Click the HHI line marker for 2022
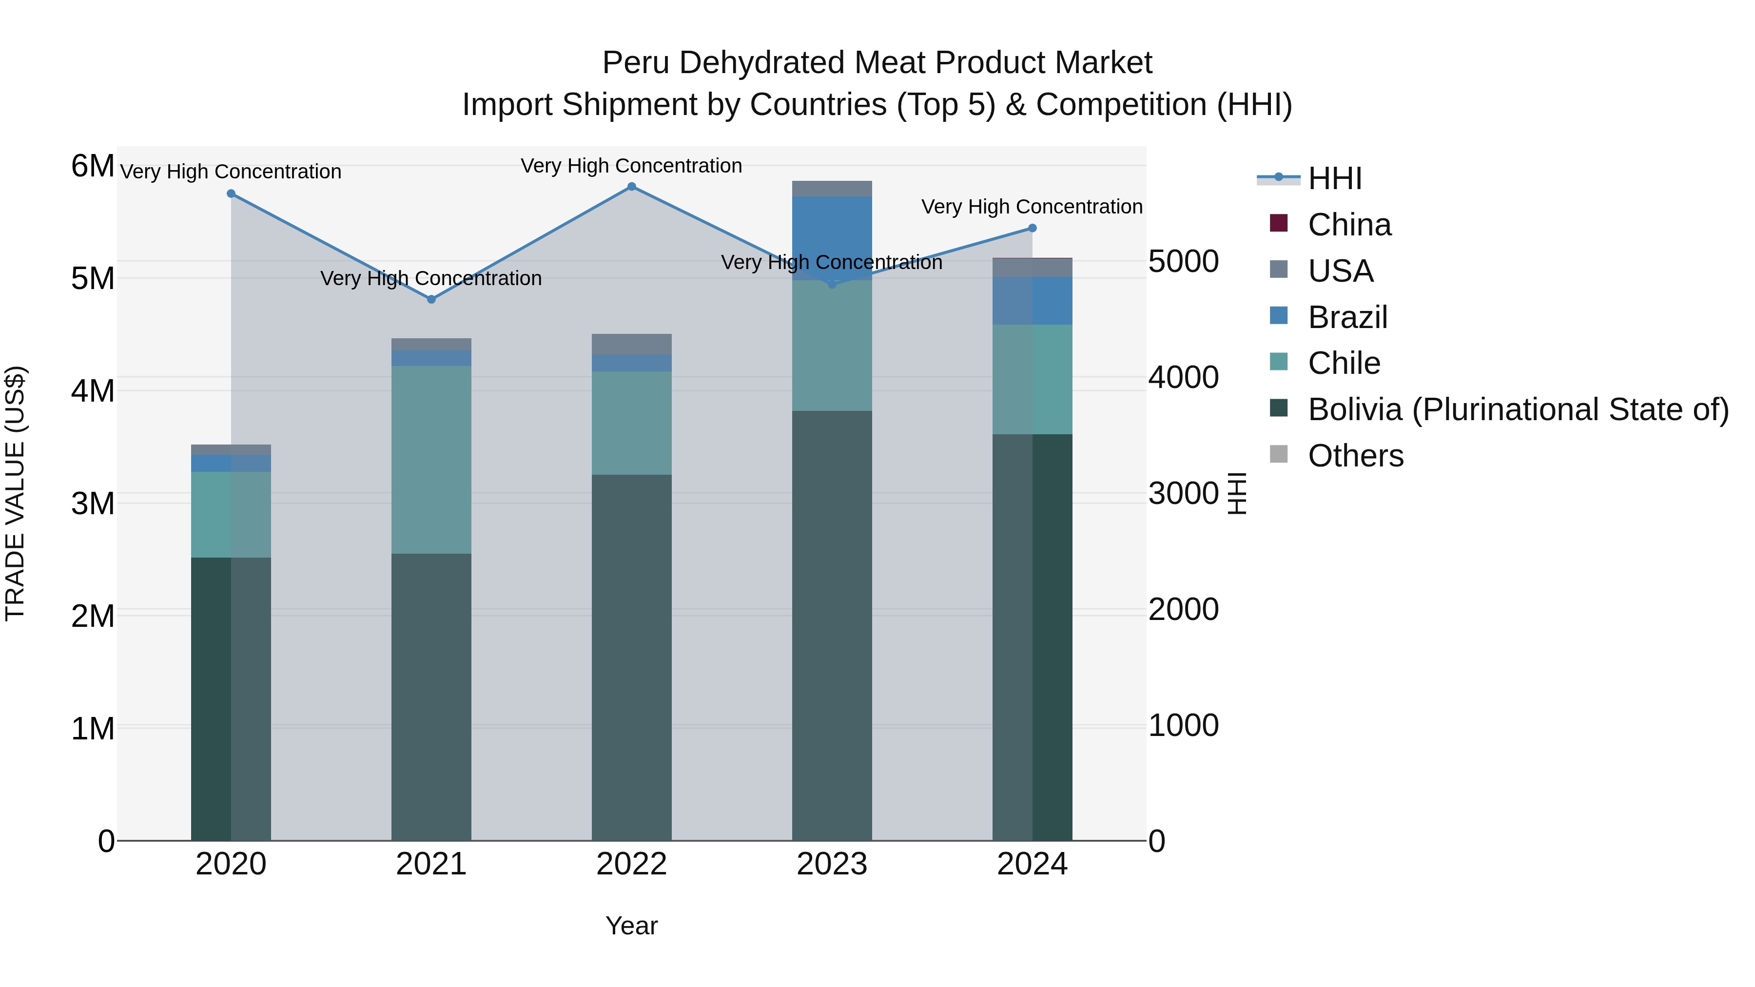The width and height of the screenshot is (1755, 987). (x=631, y=187)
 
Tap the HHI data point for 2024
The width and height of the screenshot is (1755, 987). (x=1032, y=228)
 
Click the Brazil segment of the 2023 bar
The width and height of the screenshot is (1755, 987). (x=831, y=238)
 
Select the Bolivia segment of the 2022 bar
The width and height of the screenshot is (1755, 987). (x=631, y=658)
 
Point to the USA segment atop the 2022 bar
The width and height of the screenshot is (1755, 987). (x=631, y=344)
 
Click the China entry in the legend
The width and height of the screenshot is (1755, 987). (x=1348, y=225)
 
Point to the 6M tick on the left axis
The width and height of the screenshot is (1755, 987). (x=93, y=166)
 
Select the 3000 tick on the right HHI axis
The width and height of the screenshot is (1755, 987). (x=1183, y=493)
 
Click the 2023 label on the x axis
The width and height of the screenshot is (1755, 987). (x=831, y=864)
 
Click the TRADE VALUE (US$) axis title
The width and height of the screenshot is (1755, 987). (x=16, y=493)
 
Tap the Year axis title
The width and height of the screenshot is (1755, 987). (x=631, y=926)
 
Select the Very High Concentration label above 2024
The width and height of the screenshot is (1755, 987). (x=1032, y=206)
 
